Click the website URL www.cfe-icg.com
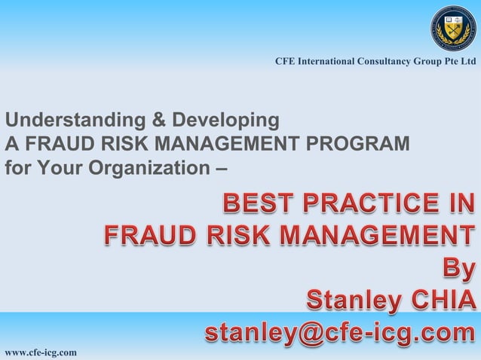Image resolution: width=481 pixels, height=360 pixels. (41, 352)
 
